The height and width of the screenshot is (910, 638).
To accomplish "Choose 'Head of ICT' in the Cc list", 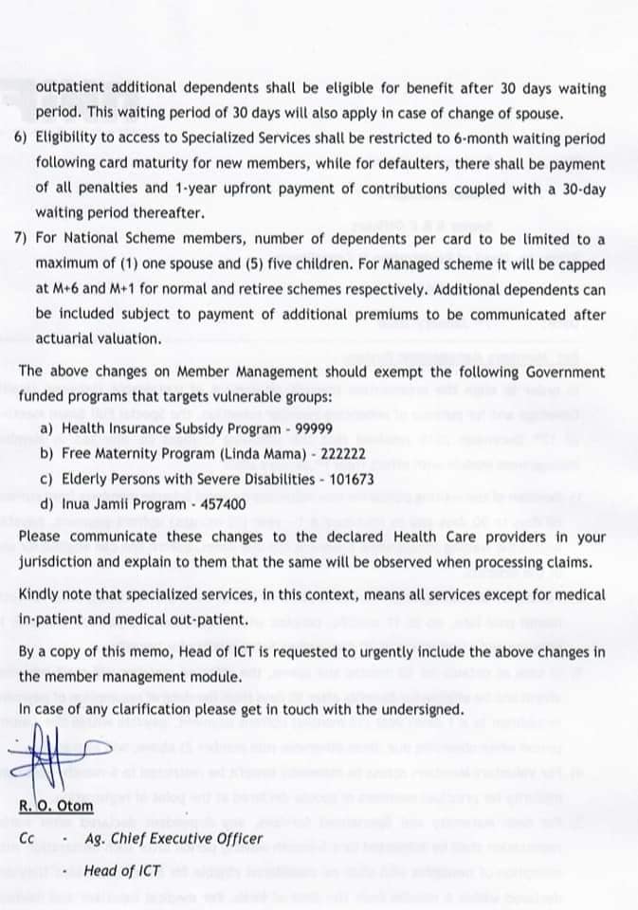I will pyautogui.click(x=121, y=869).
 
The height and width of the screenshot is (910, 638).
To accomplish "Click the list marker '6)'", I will pyautogui.click(x=21, y=138).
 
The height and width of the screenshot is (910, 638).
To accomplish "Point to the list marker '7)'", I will pyautogui.click(x=21, y=239).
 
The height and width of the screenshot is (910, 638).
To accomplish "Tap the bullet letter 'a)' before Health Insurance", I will pyautogui.click(x=46, y=428).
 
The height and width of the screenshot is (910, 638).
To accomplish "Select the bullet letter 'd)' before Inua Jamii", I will pyautogui.click(x=46, y=504).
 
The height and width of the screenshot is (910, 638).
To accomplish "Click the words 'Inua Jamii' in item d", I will pyautogui.click(x=96, y=504).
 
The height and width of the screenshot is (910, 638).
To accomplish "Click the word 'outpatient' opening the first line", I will pyautogui.click(x=72, y=89).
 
